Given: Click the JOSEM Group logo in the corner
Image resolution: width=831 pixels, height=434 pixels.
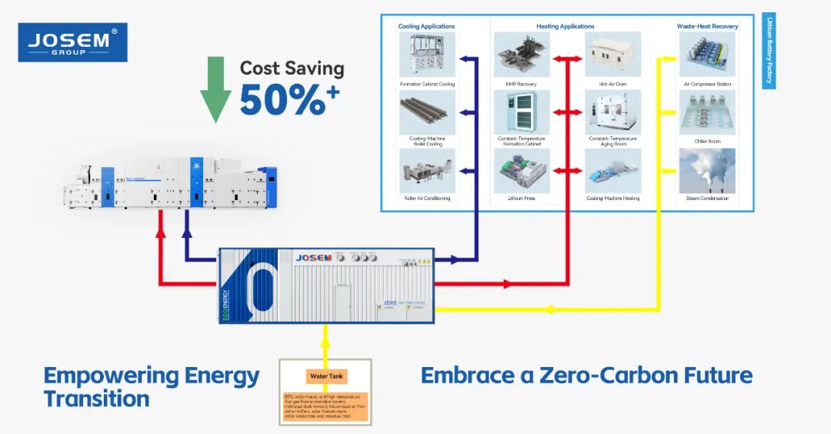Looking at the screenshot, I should [72, 42].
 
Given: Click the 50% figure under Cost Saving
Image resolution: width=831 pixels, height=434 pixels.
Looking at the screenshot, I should [282, 98].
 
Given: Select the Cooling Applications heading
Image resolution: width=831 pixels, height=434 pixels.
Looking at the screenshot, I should [426, 26].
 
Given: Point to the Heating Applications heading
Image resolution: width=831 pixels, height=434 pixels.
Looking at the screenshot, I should [566, 26].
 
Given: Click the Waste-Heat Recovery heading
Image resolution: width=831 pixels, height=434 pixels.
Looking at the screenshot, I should [707, 26].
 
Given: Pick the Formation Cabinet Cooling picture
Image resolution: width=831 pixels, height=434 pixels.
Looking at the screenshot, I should [427, 55].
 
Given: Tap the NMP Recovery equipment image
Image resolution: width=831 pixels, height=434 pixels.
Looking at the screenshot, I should [522, 55].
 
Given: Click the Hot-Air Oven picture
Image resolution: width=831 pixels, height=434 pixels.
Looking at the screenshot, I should [613, 55].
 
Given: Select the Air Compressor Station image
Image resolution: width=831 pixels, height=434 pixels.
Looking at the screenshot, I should [706, 55].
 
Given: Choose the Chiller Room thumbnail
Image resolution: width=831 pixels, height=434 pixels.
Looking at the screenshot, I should [706, 112].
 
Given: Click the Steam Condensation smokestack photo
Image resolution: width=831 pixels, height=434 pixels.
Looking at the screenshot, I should [706, 171].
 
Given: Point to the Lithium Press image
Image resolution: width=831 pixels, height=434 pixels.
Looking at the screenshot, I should [522, 171].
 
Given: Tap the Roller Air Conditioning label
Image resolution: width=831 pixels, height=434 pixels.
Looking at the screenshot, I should [427, 199].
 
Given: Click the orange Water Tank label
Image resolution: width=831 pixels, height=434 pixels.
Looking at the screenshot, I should [326, 377].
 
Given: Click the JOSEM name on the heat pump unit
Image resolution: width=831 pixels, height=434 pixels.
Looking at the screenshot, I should [313, 258].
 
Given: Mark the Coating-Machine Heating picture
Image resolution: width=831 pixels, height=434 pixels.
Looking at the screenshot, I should [613, 171].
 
